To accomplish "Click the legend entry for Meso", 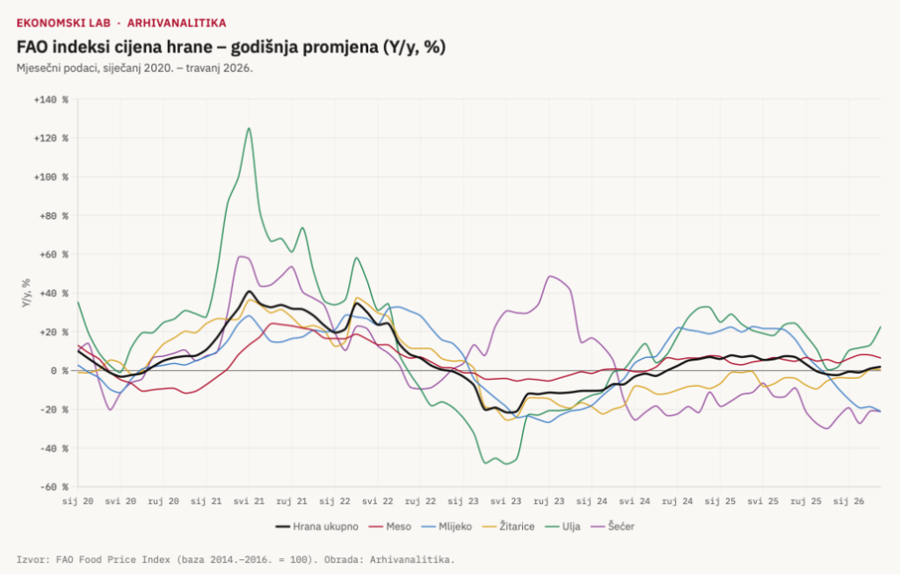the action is pyautogui.click(x=389, y=527).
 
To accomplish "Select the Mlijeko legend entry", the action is pyautogui.click(x=446, y=527).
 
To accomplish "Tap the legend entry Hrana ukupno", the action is pyautogui.click(x=316, y=527).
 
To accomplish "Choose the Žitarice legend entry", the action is pyautogui.click(x=509, y=527).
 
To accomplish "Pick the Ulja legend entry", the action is pyautogui.click(x=562, y=527).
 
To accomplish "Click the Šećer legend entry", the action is pyautogui.click(x=613, y=527).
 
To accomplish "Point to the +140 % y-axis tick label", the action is pyautogui.click(x=51, y=100).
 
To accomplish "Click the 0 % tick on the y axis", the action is pyautogui.click(x=59, y=371).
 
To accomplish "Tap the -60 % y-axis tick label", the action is pyautogui.click(x=54, y=487).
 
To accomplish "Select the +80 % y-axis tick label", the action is pyautogui.click(x=54, y=216).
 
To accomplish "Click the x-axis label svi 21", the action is pyautogui.click(x=249, y=501).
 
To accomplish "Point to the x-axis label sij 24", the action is pyautogui.click(x=592, y=501).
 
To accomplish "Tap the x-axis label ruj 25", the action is pyautogui.click(x=806, y=501).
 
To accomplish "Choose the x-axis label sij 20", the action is pyautogui.click(x=78, y=501).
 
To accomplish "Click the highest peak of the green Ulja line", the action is pyautogui.click(x=249, y=128).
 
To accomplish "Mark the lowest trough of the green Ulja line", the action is pyautogui.click(x=506, y=463).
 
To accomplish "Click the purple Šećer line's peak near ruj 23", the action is pyautogui.click(x=550, y=276).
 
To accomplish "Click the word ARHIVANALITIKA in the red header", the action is pyautogui.click(x=177, y=23).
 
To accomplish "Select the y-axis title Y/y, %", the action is pyautogui.click(x=26, y=293).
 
